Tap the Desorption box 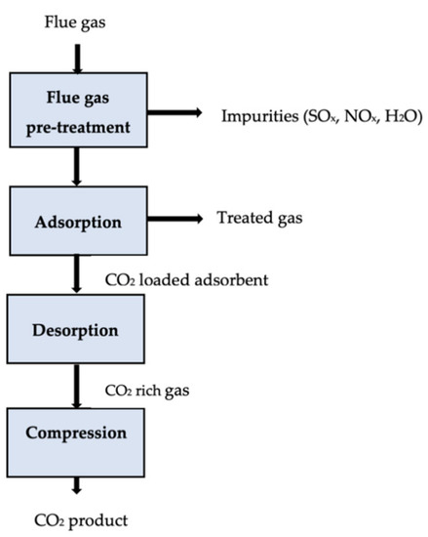(x=76, y=330)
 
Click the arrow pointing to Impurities (x=170, y=115)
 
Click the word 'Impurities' (x=255, y=116)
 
